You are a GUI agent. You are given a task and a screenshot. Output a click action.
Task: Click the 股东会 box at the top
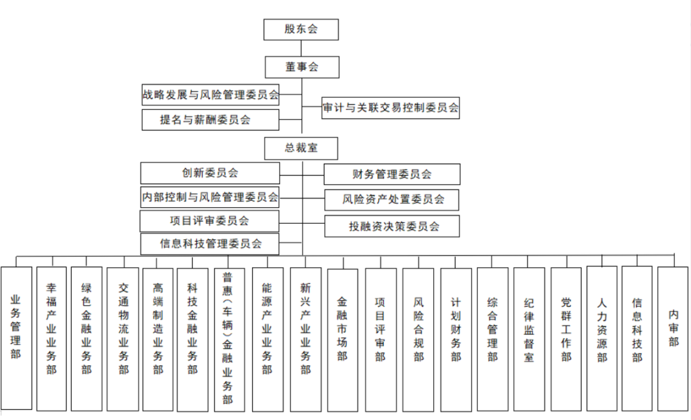pos(301,29)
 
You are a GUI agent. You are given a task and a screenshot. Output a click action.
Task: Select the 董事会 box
pos(301,66)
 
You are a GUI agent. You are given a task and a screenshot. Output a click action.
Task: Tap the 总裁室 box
pos(301,148)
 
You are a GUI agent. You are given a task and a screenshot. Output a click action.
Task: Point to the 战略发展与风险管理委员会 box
pos(210,95)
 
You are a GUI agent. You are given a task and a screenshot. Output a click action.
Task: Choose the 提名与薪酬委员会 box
pos(210,120)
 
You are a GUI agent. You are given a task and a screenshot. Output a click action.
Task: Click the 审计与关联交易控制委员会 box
pos(391,108)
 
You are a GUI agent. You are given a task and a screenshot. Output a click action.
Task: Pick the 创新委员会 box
pos(210,173)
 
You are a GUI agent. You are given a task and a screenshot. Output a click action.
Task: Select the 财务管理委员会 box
pos(392,175)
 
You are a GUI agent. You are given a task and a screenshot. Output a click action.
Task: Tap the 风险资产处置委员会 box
pos(392,199)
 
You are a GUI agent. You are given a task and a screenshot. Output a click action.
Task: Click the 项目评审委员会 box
pos(210,221)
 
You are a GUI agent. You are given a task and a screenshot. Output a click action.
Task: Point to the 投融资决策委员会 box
pos(392,226)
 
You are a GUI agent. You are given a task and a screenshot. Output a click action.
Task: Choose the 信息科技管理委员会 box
pos(210,244)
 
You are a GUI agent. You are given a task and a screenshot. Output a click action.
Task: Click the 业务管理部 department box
pos(16,338)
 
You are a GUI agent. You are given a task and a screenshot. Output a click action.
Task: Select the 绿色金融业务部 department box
pos(86,338)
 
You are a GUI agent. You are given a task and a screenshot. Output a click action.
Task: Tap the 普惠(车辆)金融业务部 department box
pos(228,338)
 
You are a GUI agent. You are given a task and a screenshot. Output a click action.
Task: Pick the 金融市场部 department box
pos(342,338)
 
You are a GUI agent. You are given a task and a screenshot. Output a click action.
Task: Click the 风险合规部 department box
pos(418,338)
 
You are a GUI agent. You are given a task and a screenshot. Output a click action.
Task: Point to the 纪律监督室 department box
pos(529,338)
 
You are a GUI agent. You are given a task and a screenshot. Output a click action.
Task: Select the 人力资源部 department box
pos(601,338)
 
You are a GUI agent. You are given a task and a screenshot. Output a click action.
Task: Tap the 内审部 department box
pos(673,338)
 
